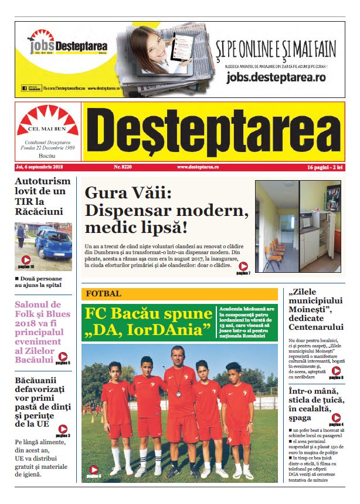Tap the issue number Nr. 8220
tap(123, 167)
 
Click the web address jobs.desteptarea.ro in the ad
tap(276, 77)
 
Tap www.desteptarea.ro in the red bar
tap(198, 167)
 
